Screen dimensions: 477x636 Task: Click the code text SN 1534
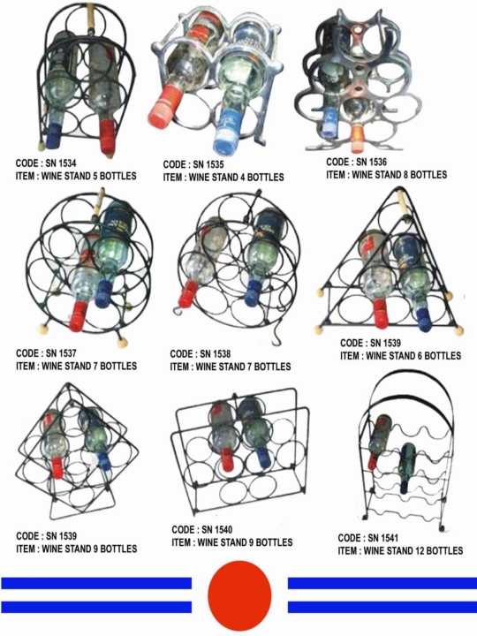point(60,163)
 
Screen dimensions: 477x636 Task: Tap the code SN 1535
point(208,164)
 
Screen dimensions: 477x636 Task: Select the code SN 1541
point(382,538)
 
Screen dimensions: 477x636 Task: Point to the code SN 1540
point(217,529)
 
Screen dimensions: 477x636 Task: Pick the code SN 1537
point(61,352)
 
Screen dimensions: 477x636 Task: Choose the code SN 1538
point(215,353)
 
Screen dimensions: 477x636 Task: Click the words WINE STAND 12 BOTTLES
point(413,550)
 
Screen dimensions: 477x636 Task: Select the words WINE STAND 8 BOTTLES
point(399,174)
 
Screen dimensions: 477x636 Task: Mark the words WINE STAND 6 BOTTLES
point(413,356)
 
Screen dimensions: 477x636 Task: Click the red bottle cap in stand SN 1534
point(109,136)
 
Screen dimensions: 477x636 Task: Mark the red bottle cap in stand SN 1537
point(78,316)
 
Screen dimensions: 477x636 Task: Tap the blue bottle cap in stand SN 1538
point(251,293)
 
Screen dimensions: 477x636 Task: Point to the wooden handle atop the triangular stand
point(403,205)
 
